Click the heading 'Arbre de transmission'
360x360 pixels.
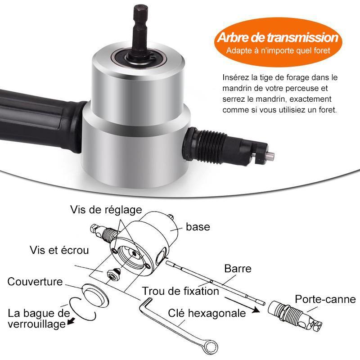pyautogui.click(x=278, y=37)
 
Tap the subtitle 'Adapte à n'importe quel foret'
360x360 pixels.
pyautogui.click(x=278, y=50)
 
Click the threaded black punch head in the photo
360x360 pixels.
pyautogui.click(x=227, y=147)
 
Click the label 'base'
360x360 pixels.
pyautogui.click(x=198, y=227)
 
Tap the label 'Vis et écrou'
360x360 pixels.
pyautogui.click(x=59, y=250)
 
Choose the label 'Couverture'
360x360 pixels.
pyautogui.click(x=35, y=282)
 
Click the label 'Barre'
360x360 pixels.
pyautogui.click(x=238, y=269)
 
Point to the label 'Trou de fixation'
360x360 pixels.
pyautogui.click(x=180, y=291)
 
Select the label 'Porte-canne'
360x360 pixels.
pyautogui.click(x=325, y=299)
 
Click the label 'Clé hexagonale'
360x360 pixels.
pyautogui.click(x=207, y=313)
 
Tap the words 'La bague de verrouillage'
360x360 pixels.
pyautogui.click(x=39, y=319)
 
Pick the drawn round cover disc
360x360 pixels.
pyautogui.click(x=94, y=295)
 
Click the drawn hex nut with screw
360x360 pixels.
pyautogui.click(x=114, y=274)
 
